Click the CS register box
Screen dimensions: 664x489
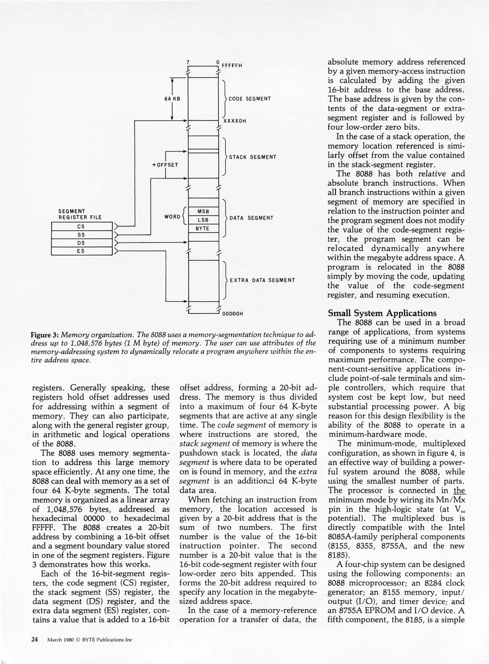tap(81, 227)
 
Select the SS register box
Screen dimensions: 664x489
tap(81, 235)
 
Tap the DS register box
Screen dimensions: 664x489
tap(81, 243)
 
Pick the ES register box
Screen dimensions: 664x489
tap(81, 251)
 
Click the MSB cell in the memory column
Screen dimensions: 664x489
tap(203, 211)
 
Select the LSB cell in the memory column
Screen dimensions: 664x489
tap(203, 220)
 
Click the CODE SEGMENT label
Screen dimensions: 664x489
tap(250, 99)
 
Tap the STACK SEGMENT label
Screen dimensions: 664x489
tap(252, 157)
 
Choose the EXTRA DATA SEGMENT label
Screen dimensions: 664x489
tap(262, 280)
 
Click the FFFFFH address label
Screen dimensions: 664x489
tap(232, 65)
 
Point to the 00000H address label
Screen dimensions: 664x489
tap(233, 314)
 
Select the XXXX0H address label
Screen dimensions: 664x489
tap(235, 121)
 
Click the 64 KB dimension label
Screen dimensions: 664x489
tap(172, 99)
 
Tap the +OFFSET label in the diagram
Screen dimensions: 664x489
tap(165, 165)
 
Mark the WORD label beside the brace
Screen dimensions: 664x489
tap(172, 217)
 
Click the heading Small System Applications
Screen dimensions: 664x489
tap(382, 313)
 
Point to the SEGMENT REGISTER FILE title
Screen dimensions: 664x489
tap(80, 214)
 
